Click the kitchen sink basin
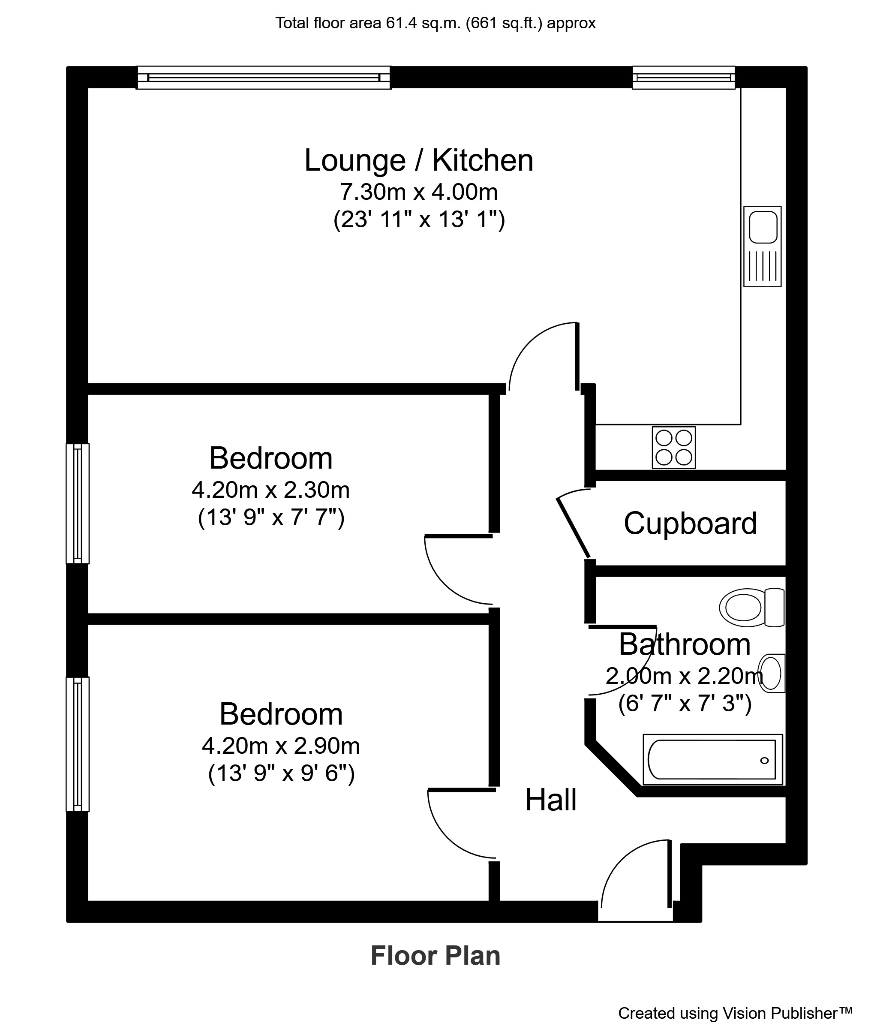(763, 227)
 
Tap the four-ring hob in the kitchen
(673, 447)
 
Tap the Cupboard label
(690, 524)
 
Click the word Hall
(550, 800)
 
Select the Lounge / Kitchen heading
(419, 160)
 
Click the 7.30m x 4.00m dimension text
(419, 192)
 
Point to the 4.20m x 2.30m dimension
(270, 490)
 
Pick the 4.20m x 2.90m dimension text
(281, 746)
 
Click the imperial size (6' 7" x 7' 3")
(685, 704)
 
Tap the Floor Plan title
(435, 955)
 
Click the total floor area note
(435, 23)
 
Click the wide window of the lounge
(264, 78)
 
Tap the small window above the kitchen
(683, 78)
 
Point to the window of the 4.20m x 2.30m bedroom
(78, 503)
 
